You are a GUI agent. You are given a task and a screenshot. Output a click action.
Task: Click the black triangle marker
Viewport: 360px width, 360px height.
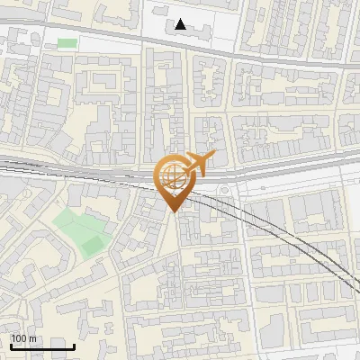(x=182, y=24)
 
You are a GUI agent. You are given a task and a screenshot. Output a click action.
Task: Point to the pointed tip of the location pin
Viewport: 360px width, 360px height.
(x=172, y=211)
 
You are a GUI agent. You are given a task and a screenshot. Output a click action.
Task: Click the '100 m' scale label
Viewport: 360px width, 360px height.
(x=23, y=338)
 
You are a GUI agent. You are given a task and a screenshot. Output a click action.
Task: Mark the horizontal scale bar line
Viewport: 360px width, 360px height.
(x=42, y=346)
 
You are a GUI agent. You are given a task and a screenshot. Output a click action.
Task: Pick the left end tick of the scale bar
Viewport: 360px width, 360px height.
(x=11, y=345)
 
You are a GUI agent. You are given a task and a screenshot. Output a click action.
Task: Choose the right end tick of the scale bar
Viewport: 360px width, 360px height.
(x=74, y=345)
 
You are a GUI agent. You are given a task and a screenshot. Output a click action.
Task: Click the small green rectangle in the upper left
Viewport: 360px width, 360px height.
(x=67, y=42)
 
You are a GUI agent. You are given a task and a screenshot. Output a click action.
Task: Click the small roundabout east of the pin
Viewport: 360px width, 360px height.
(x=222, y=191)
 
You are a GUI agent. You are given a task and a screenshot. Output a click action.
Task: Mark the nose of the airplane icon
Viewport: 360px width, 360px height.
(x=214, y=157)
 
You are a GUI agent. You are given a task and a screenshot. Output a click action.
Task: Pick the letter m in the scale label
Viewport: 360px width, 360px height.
(x=32, y=338)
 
